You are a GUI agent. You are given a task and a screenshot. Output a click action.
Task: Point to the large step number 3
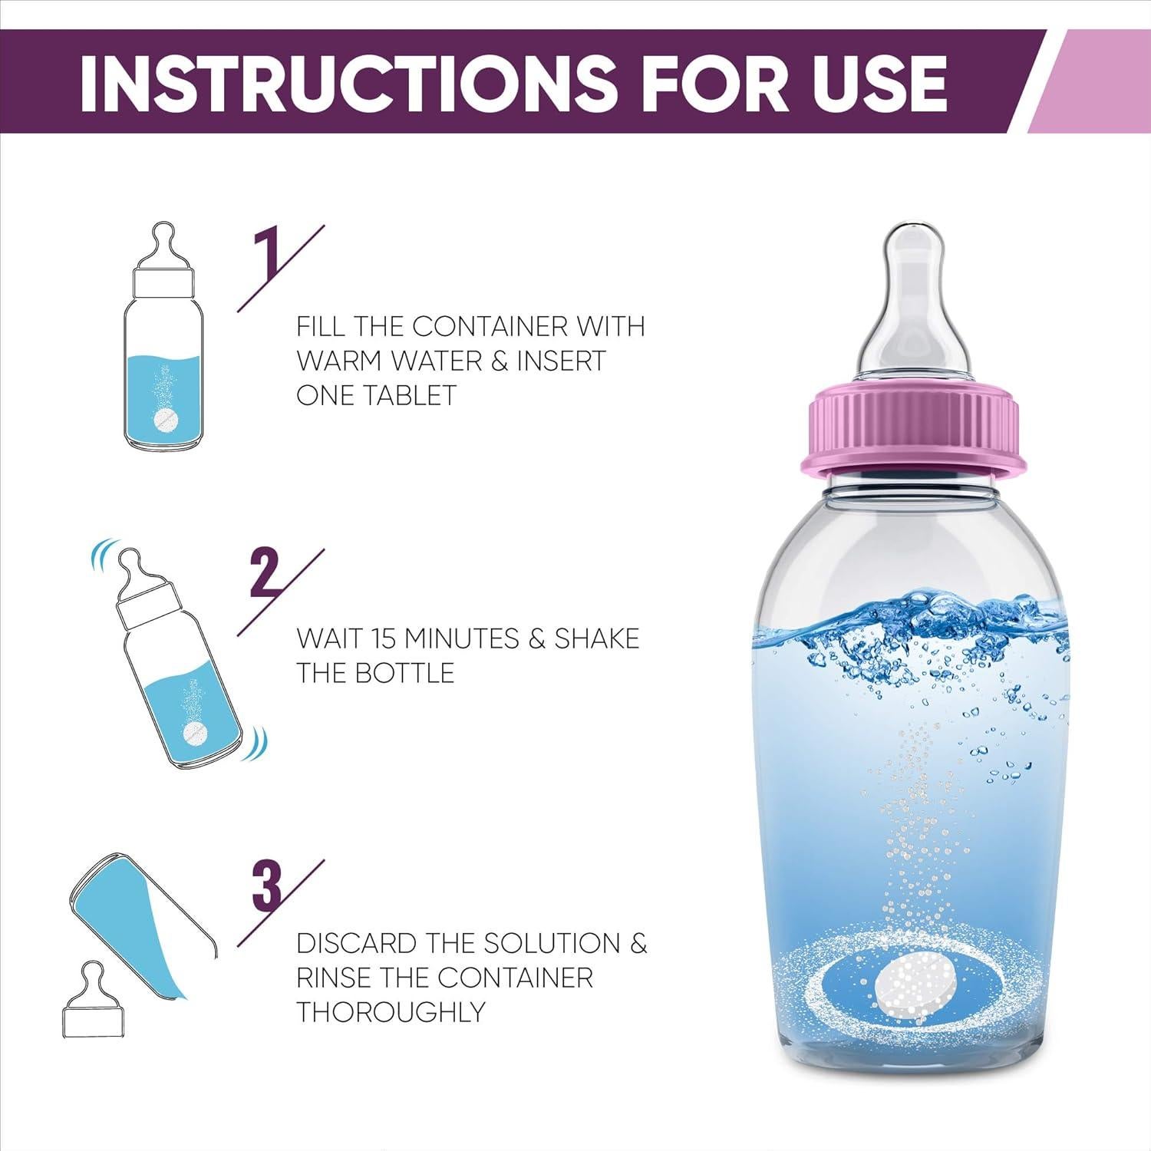point(267,886)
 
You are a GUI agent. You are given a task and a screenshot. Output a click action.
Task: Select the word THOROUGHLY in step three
point(391,1012)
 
